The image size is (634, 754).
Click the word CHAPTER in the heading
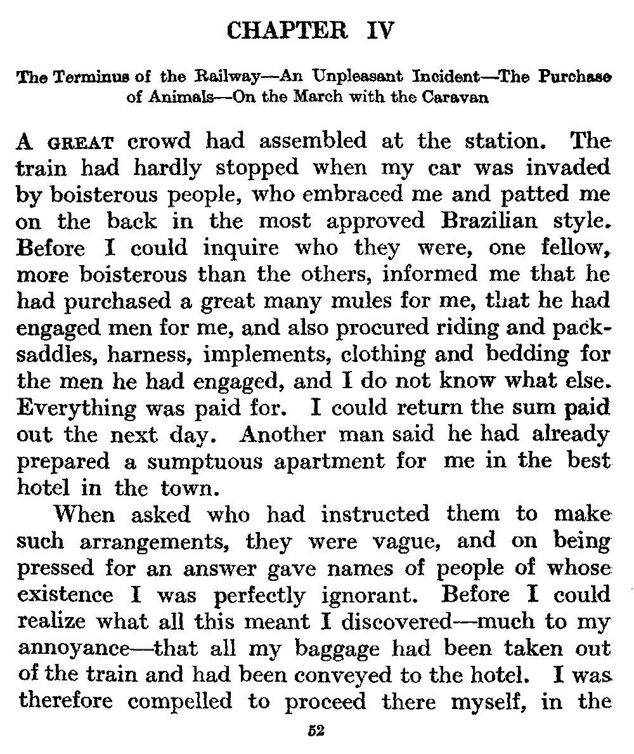click(x=287, y=30)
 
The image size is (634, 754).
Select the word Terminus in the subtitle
click(x=78, y=79)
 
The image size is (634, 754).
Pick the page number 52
click(x=316, y=731)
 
